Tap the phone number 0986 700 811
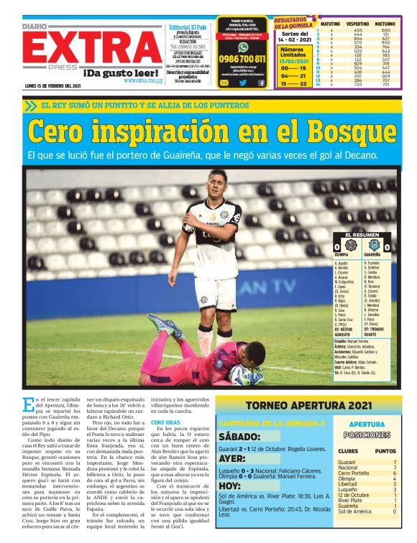[x=242, y=59]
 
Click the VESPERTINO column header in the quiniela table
[x=357, y=24]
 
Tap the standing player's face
[x=217, y=182]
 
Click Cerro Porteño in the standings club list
[x=353, y=474]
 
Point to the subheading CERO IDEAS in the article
[x=166, y=422]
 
